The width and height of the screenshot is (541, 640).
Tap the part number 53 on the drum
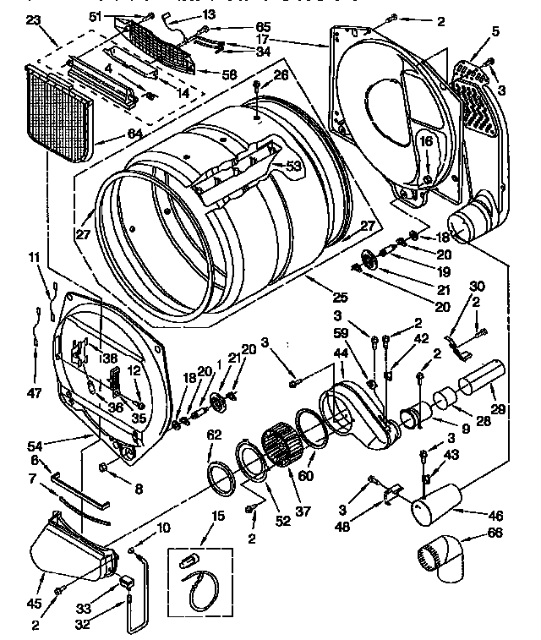point(293,167)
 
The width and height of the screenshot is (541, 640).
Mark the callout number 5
point(495,32)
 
